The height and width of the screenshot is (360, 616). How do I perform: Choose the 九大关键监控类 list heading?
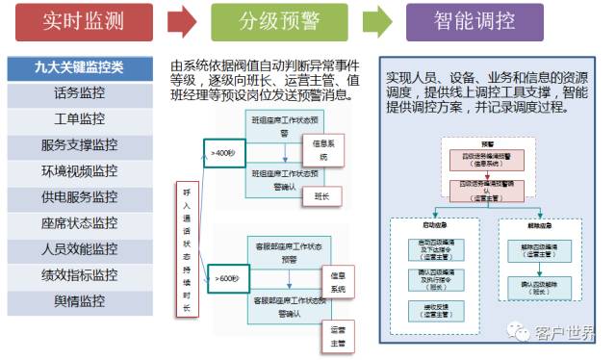click(x=80, y=68)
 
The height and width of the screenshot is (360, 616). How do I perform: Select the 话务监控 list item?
click(x=80, y=94)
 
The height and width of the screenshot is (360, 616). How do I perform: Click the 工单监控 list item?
click(x=80, y=120)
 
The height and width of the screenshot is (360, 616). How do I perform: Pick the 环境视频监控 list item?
click(x=80, y=171)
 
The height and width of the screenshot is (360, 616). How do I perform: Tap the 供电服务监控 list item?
click(x=80, y=197)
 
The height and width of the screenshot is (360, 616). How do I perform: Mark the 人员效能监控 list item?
click(x=80, y=249)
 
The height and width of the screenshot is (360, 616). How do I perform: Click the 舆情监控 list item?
click(x=80, y=301)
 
